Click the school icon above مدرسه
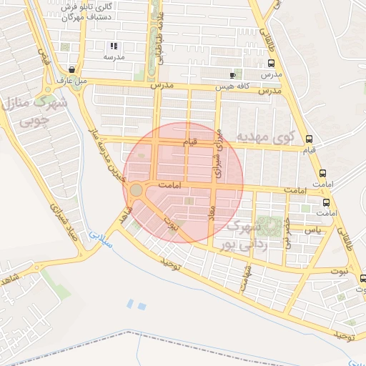click(114, 46)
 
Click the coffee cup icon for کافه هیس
click(232, 75)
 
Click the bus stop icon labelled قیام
click(309, 139)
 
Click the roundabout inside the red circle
click(135, 190)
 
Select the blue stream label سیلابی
click(99, 239)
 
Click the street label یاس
click(312, 230)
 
